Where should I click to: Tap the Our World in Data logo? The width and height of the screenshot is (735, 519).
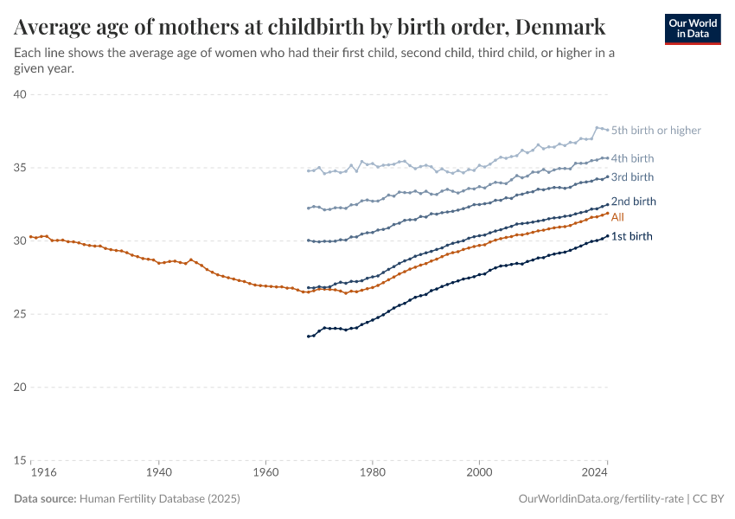tap(693, 29)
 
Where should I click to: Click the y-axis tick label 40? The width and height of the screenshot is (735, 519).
tap(21, 94)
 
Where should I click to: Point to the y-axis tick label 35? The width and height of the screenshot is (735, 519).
tap(21, 168)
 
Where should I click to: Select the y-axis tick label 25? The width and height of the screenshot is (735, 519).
tap(21, 314)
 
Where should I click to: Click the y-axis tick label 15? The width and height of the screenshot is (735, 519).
tap(21, 460)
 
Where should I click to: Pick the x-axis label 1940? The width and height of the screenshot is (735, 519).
tap(158, 474)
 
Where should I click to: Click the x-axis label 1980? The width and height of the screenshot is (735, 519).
tap(372, 474)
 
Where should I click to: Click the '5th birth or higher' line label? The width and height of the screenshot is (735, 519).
tap(655, 131)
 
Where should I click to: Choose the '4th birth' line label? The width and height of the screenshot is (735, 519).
tap(632, 158)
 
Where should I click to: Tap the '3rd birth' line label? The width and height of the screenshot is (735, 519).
tap(632, 177)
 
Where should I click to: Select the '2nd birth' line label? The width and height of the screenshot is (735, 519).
tap(633, 202)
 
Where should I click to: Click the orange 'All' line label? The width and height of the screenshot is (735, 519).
tap(617, 217)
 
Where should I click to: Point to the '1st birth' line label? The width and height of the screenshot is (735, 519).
tap(631, 236)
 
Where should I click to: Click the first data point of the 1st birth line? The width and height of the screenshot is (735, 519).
tap(308, 336)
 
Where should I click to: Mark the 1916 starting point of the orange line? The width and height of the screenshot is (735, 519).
tap(30, 236)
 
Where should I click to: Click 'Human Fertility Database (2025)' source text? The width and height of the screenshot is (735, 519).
tap(159, 499)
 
